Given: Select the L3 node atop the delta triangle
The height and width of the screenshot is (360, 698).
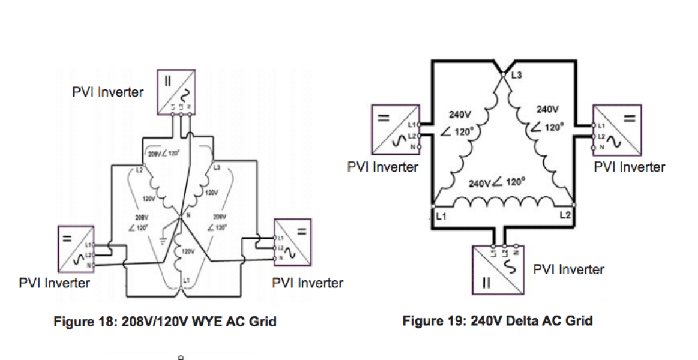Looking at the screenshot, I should coord(504,74).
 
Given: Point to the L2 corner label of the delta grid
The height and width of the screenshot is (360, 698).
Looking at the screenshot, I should coord(565,215).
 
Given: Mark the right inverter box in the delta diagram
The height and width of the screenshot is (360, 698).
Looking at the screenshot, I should coord(617,128).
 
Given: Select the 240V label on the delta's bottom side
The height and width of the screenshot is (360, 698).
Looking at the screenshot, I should coord(480,183).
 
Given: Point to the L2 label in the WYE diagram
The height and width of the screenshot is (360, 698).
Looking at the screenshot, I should coord(139,170).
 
